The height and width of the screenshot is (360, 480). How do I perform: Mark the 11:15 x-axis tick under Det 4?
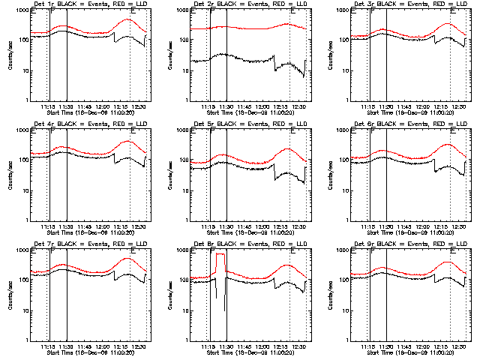(48, 226)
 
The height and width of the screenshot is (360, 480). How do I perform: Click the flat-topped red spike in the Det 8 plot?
(220, 255)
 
